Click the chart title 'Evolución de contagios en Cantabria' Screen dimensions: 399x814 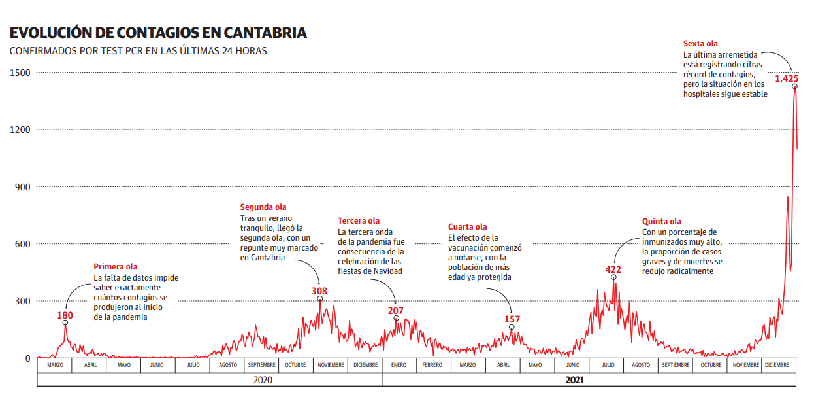(x=157, y=33)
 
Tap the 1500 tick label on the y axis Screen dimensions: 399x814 (x=20, y=73)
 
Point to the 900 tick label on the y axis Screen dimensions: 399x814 (x=23, y=187)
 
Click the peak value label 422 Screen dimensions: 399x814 (x=613, y=269)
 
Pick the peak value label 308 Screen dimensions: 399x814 (x=319, y=291)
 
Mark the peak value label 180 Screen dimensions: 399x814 (x=65, y=315)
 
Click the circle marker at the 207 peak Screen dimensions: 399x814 (x=397, y=319)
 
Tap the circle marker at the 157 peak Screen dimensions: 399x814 (x=512, y=327)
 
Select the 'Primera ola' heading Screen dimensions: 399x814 (x=116, y=266)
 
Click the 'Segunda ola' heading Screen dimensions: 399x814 (x=263, y=207)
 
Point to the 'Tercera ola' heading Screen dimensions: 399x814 (x=359, y=221)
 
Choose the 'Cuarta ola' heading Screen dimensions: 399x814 (x=468, y=227)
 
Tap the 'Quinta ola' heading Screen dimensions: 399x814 (x=662, y=222)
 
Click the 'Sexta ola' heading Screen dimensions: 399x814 (x=700, y=44)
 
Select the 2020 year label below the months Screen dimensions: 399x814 (x=262, y=379)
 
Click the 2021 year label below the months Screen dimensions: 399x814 (x=574, y=379)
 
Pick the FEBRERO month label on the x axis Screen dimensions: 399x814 (x=432, y=365)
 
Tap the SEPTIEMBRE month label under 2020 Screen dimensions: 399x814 (x=261, y=365)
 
